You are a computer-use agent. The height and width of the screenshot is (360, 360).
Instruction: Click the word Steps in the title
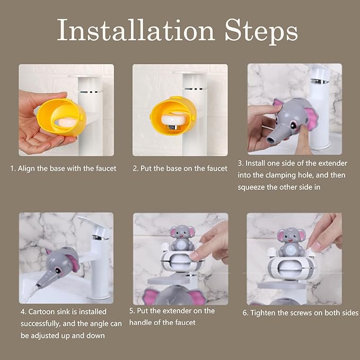point(261,30)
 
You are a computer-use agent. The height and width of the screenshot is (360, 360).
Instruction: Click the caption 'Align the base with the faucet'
point(67,169)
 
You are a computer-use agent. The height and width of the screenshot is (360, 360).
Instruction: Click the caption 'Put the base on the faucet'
point(184,169)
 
